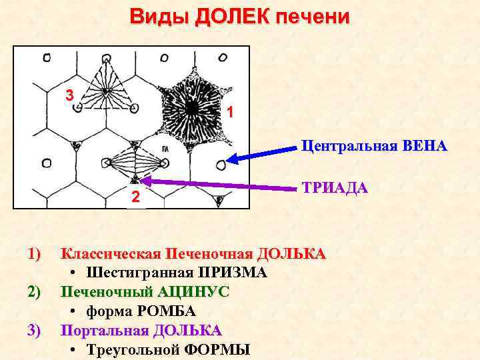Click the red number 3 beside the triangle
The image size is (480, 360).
click(69, 95)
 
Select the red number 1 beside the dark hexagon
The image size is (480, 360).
click(229, 113)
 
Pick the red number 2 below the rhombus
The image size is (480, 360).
click(135, 197)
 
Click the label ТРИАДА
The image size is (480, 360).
click(335, 187)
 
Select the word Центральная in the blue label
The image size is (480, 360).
click(346, 145)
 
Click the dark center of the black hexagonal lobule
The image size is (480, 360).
click(192, 106)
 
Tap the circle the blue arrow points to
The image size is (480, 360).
click(221, 162)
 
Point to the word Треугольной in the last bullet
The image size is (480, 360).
click(133, 350)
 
